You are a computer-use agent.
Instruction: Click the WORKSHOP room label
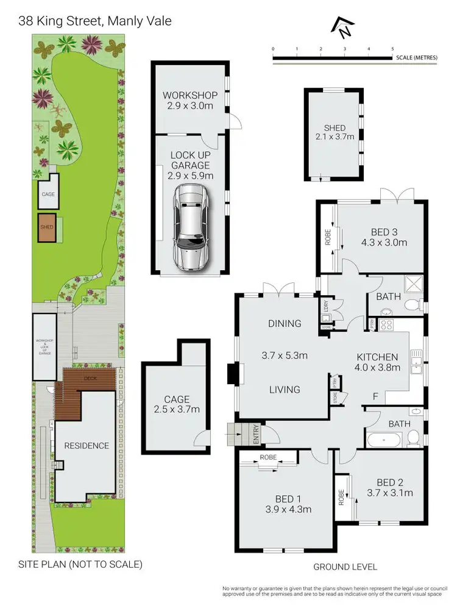(190, 95)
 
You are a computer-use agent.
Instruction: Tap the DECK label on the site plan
(90, 378)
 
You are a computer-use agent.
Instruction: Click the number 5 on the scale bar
(392, 48)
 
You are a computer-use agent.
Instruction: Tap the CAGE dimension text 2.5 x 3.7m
(176, 410)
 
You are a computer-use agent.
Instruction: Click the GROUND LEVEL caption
(345, 566)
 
